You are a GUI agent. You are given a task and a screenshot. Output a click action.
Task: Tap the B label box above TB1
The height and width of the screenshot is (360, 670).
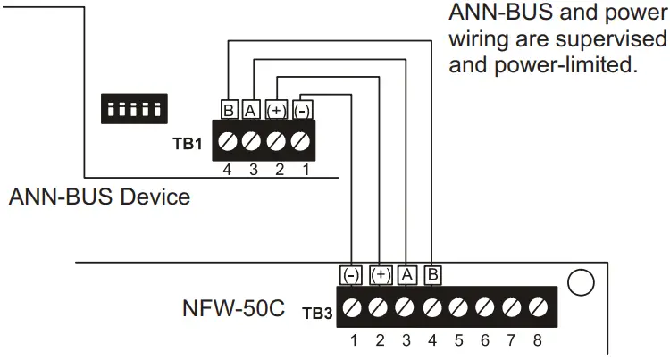229,110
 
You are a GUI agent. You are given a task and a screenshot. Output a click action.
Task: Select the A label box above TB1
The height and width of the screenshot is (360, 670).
253,110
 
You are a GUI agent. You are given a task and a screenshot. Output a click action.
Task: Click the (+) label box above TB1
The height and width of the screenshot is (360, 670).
278,110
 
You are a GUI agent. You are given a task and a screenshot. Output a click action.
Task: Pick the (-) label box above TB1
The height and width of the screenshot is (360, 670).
303,110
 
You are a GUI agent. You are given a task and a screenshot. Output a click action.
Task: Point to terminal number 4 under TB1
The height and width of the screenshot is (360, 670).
229,169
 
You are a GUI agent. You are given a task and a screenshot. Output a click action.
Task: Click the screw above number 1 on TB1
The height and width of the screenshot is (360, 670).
302,141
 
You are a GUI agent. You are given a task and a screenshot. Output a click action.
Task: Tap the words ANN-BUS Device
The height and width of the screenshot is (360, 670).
99,197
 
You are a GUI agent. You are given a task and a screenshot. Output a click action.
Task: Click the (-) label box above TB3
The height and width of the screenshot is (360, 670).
352,275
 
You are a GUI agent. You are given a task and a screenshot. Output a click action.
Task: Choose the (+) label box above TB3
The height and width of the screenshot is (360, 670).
381,275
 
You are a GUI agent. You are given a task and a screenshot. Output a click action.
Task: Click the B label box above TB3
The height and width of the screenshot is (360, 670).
433,275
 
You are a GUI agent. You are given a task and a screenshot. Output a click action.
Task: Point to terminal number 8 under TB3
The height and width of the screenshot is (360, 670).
537,339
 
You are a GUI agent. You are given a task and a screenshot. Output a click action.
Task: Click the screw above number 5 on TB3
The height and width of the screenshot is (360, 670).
458,307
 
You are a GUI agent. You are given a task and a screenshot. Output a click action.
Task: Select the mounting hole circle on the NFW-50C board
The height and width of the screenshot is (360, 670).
580,282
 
